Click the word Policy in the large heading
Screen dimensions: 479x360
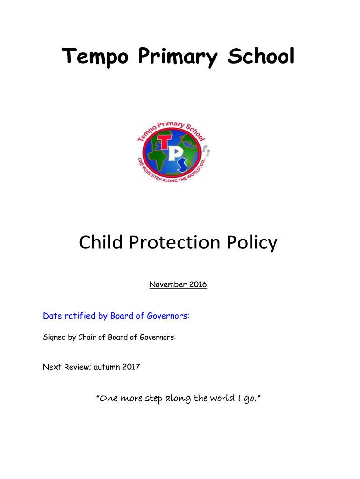(252, 243)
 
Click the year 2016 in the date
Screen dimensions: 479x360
(197, 284)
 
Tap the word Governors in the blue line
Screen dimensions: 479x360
(167, 316)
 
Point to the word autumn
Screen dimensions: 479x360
(106, 367)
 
